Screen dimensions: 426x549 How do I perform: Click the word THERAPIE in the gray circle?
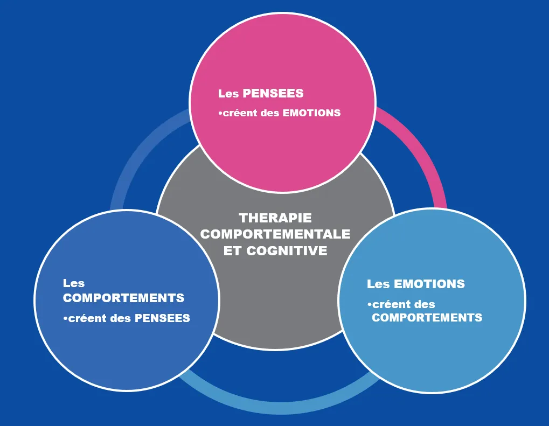[275, 218]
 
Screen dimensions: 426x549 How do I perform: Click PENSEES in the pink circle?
[273, 94]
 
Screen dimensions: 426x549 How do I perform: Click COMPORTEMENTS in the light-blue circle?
[427, 318]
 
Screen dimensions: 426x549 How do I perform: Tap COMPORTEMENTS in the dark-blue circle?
[123, 298]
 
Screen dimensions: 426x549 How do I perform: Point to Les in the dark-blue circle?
[74, 283]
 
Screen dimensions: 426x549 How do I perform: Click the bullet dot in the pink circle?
[220, 113]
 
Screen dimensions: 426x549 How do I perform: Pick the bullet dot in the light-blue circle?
[370, 305]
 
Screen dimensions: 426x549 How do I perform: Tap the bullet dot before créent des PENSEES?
[65, 318]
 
